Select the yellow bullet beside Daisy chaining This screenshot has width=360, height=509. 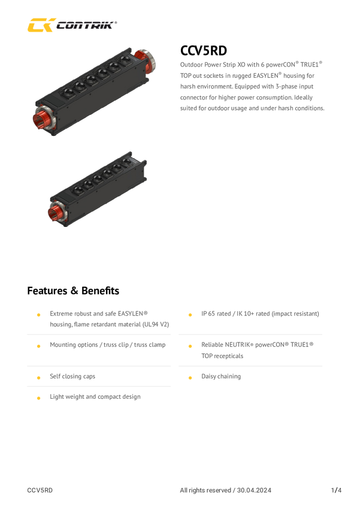click(x=190, y=377)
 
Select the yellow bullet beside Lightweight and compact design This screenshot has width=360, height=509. click(x=38, y=398)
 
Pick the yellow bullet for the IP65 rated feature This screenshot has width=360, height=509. click(x=190, y=314)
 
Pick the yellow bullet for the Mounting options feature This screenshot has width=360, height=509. click(x=38, y=346)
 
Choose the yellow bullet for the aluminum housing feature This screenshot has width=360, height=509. click(x=38, y=314)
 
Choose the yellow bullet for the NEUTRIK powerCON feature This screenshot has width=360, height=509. click(x=190, y=346)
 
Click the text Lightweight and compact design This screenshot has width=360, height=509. click(x=95, y=397)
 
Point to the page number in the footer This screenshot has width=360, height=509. click(x=335, y=490)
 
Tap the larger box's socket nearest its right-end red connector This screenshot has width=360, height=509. click(x=125, y=61)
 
